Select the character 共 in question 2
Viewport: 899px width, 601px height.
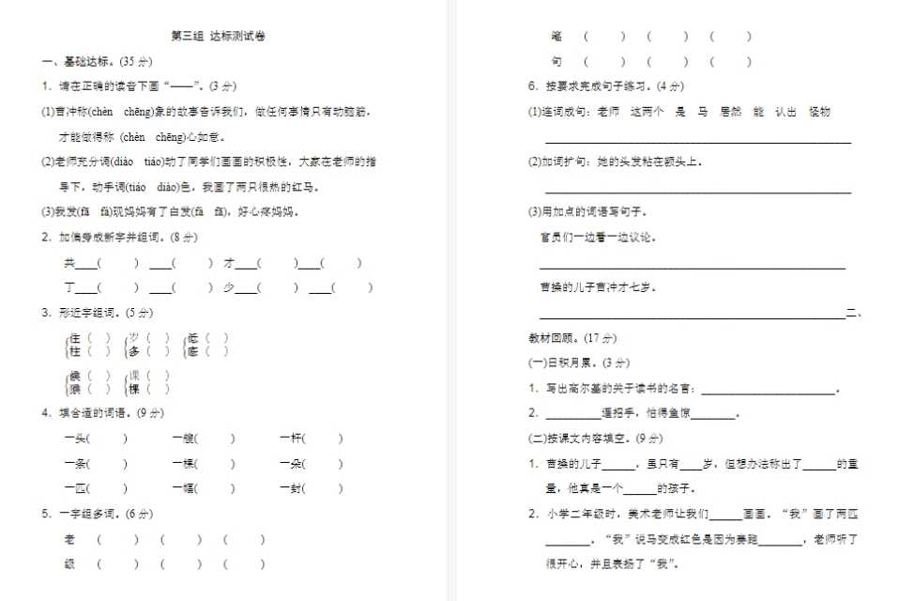(69, 263)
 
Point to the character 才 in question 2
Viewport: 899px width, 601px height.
(228, 263)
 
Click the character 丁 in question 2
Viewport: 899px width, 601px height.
(69, 288)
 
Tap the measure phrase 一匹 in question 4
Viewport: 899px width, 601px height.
(76, 488)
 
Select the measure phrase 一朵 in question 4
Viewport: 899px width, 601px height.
(290, 464)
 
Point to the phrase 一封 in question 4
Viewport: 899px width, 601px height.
(290, 488)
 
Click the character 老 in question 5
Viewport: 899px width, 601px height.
(69, 539)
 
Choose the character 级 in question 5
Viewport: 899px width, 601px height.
(69, 564)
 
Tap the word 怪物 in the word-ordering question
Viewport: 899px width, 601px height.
(819, 112)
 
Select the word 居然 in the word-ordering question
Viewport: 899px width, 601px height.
(729, 112)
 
